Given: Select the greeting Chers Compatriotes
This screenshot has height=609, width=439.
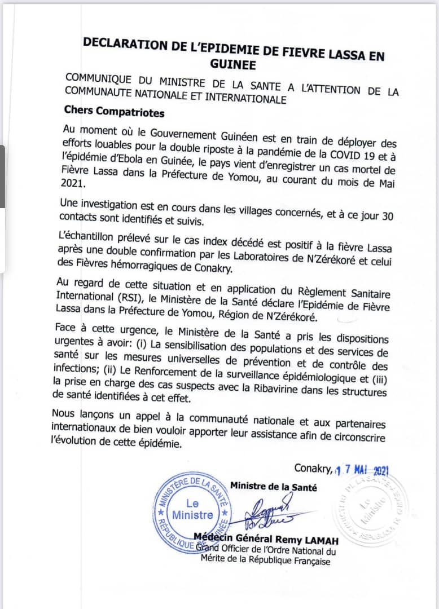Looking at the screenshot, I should pos(115,112).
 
